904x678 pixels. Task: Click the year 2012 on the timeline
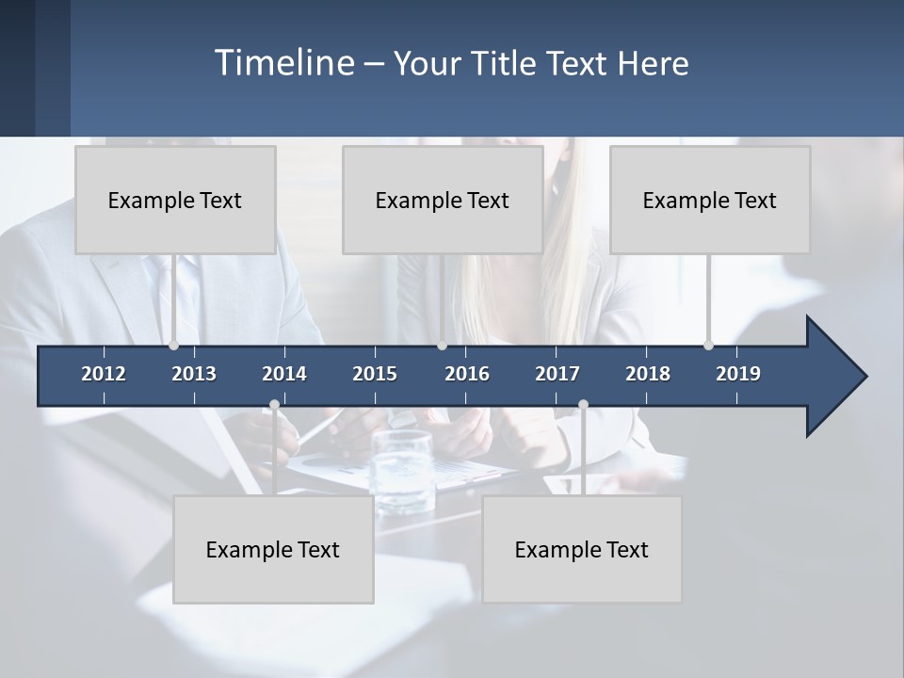click(x=104, y=374)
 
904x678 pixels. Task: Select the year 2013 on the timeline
click(x=194, y=374)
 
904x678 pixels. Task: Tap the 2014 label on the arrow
click(x=284, y=374)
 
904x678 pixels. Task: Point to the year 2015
click(x=375, y=374)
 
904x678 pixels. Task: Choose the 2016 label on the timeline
click(x=467, y=374)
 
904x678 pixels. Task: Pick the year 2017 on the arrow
click(x=557, y=374)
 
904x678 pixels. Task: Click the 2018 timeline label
click(x=648, y=374)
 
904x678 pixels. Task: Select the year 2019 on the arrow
click(x=738, y=374)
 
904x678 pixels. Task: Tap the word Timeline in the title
click(x=283, y=63)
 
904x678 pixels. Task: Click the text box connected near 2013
click(x=175, y=200)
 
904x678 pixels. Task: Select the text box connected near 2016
click(x=443, y=200)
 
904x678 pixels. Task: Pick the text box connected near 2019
click(x=710, y=200)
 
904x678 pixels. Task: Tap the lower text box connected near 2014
click(x=273, y=549)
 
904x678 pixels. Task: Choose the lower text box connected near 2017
click(x=582, y=549)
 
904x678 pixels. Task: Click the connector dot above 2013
click(x=173, y=346)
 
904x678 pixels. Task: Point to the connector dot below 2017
click(x=583, y=405)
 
